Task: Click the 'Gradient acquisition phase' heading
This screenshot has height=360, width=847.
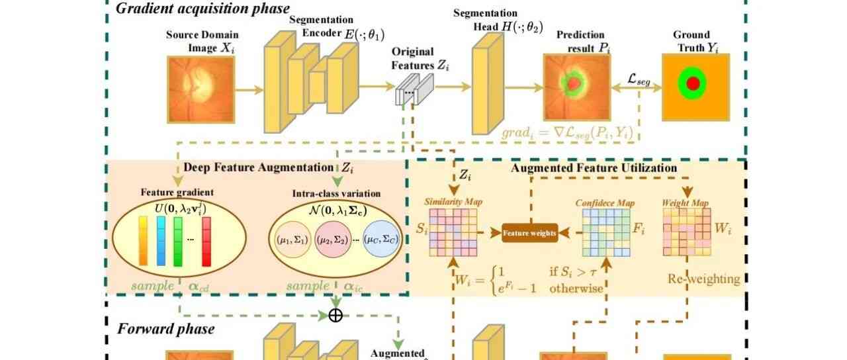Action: [202, 9]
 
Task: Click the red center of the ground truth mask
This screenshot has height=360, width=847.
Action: [692, 84]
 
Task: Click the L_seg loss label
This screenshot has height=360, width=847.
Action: [639, 79]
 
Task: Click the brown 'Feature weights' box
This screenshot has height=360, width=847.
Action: [529, 232]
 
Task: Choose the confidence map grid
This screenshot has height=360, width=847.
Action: [606, 232]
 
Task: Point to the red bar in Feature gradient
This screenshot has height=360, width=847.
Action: [206, 241]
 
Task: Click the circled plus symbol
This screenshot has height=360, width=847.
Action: [335, 315]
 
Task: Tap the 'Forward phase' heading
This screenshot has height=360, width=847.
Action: [165, 328]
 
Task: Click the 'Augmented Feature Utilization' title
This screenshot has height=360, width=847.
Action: [594, 168]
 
